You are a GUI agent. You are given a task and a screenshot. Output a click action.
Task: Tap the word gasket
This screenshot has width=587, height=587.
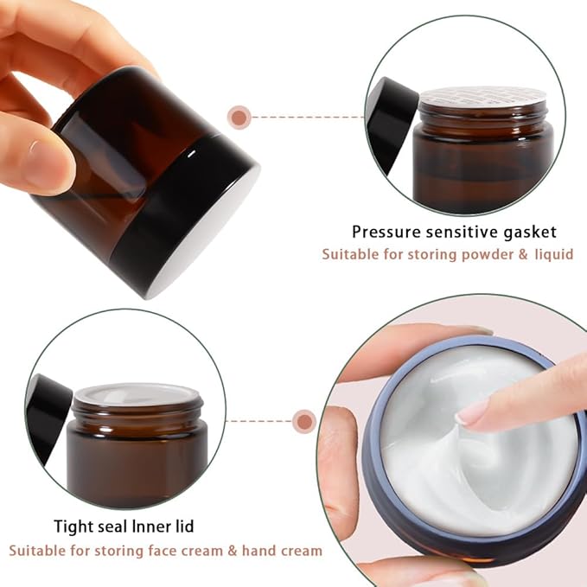click(x=527, y=232)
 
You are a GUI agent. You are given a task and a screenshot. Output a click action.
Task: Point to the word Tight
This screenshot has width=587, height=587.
click(x=73, y=525)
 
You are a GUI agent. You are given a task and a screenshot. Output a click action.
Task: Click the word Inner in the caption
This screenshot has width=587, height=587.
click(x=175, y=525)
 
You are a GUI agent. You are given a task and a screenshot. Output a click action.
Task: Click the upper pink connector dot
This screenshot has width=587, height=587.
click(x=239, y=116)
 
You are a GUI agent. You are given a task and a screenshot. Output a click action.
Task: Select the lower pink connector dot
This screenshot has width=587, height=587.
click(x=303, y=421)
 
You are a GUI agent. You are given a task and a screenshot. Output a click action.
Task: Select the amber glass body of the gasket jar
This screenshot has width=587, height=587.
click(x=483, y=169)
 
